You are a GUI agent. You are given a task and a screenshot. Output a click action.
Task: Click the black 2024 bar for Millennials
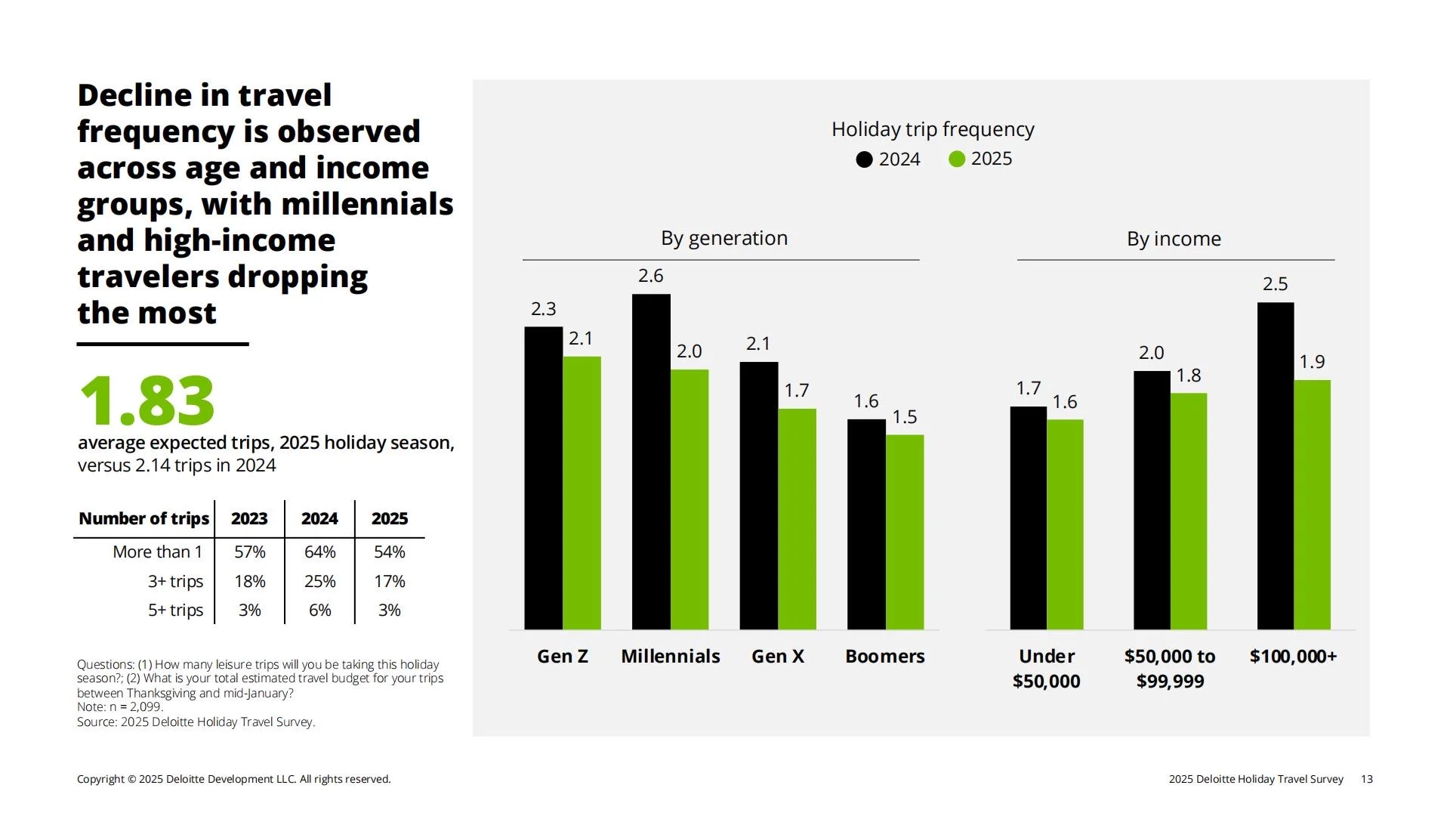pyautogui.click(x=651, y=462)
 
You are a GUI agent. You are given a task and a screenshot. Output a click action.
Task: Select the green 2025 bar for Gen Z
pyautogui.click(x=582, y=493)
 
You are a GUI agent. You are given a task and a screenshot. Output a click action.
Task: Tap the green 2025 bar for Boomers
pyautogui.click(x=905, y=532)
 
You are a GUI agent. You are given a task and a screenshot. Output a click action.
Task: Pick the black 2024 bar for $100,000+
pyautogui.click(x=1276, y=466)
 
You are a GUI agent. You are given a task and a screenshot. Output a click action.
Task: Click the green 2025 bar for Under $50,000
pyautogui.click(x=1065, y=524)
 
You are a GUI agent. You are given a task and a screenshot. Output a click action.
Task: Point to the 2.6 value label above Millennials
pyautogui.click(x=651, y=276)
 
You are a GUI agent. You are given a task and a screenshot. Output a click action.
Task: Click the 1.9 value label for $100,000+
pyautogui.click(x=1312, y=362)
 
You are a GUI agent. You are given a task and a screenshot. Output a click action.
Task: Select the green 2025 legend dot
pyautogui.click(x=957, y=159)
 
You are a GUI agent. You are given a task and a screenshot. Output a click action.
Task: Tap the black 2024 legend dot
pyautogui.click(x=865, y=159)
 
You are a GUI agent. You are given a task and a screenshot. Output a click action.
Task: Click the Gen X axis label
pyautogui.click(x=778, y=657)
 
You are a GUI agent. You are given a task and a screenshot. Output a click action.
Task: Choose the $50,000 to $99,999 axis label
pyautogui.click(x=1170, y=669)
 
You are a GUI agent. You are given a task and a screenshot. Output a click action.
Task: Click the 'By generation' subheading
pyautogui.click(x=724, y=239)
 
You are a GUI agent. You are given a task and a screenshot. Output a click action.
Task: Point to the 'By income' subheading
pyautogui.click(x=1174, y=240)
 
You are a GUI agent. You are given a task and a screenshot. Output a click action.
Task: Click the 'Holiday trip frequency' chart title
pyautogui.click(x=933, y=130)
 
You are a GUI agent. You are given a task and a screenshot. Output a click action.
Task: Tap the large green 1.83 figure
pyautogui.click(x=147, y=400)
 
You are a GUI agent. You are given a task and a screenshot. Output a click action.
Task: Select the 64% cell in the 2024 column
pyautogui.click(x=319, y=552)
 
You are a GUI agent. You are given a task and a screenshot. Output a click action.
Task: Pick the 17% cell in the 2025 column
pyautogui.click(x=390, y=582)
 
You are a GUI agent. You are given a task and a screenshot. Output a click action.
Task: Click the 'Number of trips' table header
pyautogui.click(x=143, y=519)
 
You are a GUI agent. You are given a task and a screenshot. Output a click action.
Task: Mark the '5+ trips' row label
pyautogui.click(x=175, y=610)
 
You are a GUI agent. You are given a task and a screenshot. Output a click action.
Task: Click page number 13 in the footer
pyautogui.click(x=1367, y=779)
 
